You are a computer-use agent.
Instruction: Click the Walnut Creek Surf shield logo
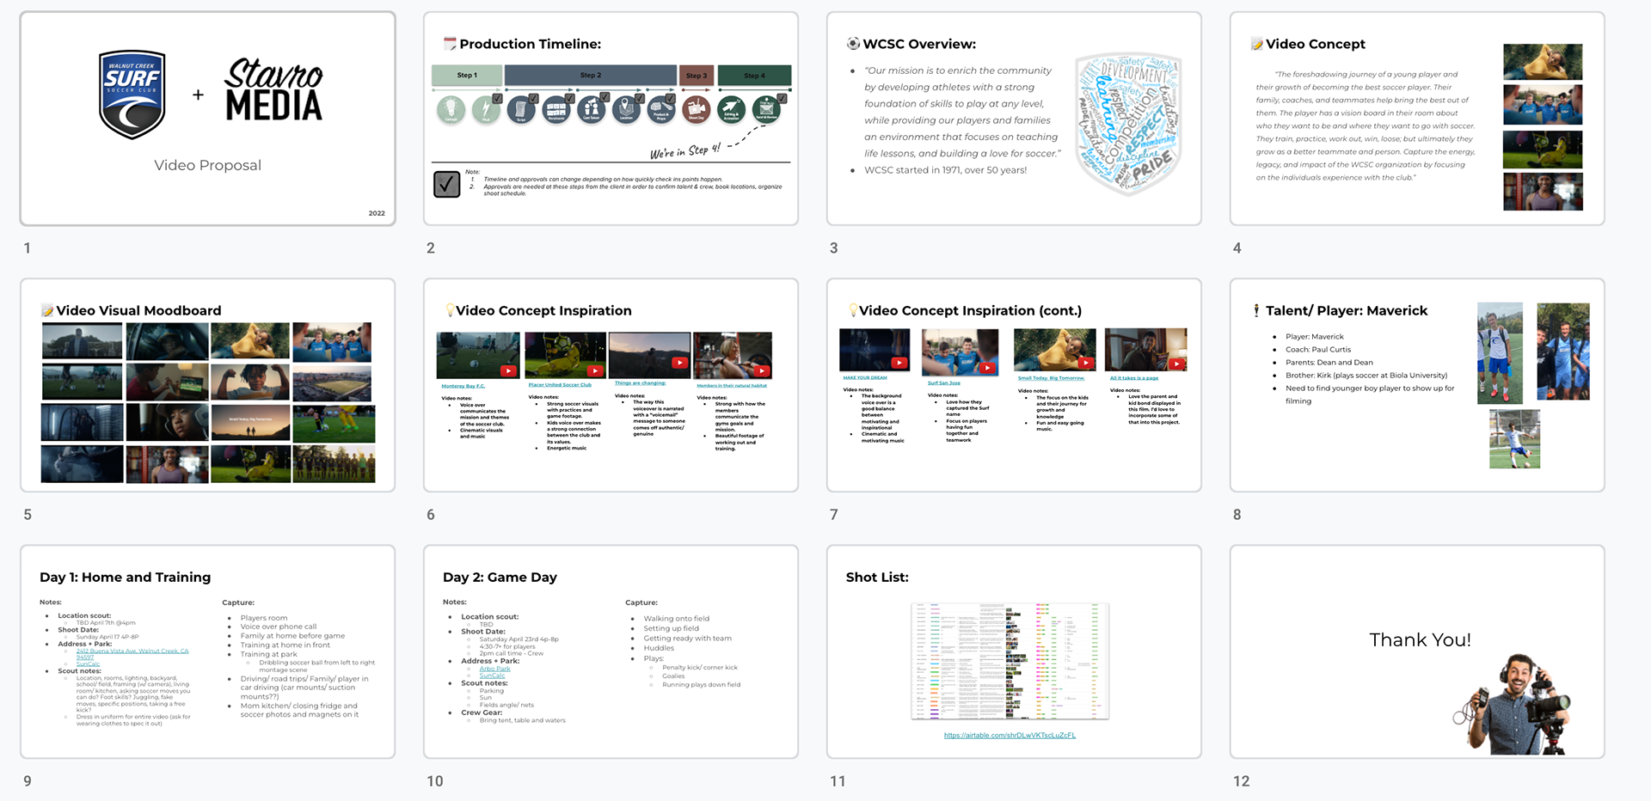pyautogui.click(x=132, y=95)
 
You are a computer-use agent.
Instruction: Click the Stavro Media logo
pyautogui.click(x=273, y=90)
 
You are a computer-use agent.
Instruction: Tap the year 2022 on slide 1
pyautogui.click(x=377, y=213)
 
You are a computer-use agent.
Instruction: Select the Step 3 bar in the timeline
pyautogui.click(x=697, y=76)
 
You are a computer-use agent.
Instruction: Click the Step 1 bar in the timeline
pyautogui.click(x=467, y=76)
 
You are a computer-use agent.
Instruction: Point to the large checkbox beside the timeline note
pyautogui.click(x=447, y=184)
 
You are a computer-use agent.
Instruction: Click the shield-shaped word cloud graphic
pyautogui.click(x=1128, y=122)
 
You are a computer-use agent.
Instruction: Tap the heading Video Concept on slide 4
pyautogui.click(x=1315, y=44)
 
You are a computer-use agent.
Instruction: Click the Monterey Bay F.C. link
pyautogui.click(x=463, y=386)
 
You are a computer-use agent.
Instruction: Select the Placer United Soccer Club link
pyautogui.click(x=560, y=385)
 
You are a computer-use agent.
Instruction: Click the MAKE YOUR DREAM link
pyautogui.click(x=865, y=377)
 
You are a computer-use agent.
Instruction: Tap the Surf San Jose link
pyautogui.click(x=943, y=382)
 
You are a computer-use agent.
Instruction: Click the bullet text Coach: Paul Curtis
pyautogui.click(x=1317, y=350)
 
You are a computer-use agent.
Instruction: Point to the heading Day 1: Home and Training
pyautogui.click(x=125, y=578)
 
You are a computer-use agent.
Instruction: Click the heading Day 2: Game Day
pyautogui.click(x=500, y=578)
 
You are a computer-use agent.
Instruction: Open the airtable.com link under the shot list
pyautogui.click(x=1010, y=736)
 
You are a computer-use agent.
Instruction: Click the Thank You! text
pyautogui.click(x=1420, y=640)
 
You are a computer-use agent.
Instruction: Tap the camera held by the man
pyautogui.click(x=1543, y=709)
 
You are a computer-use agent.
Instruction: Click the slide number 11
pyautogui.click(x=838, y=781)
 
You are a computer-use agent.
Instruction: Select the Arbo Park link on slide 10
pyautogui.click(x=494, y=669)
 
